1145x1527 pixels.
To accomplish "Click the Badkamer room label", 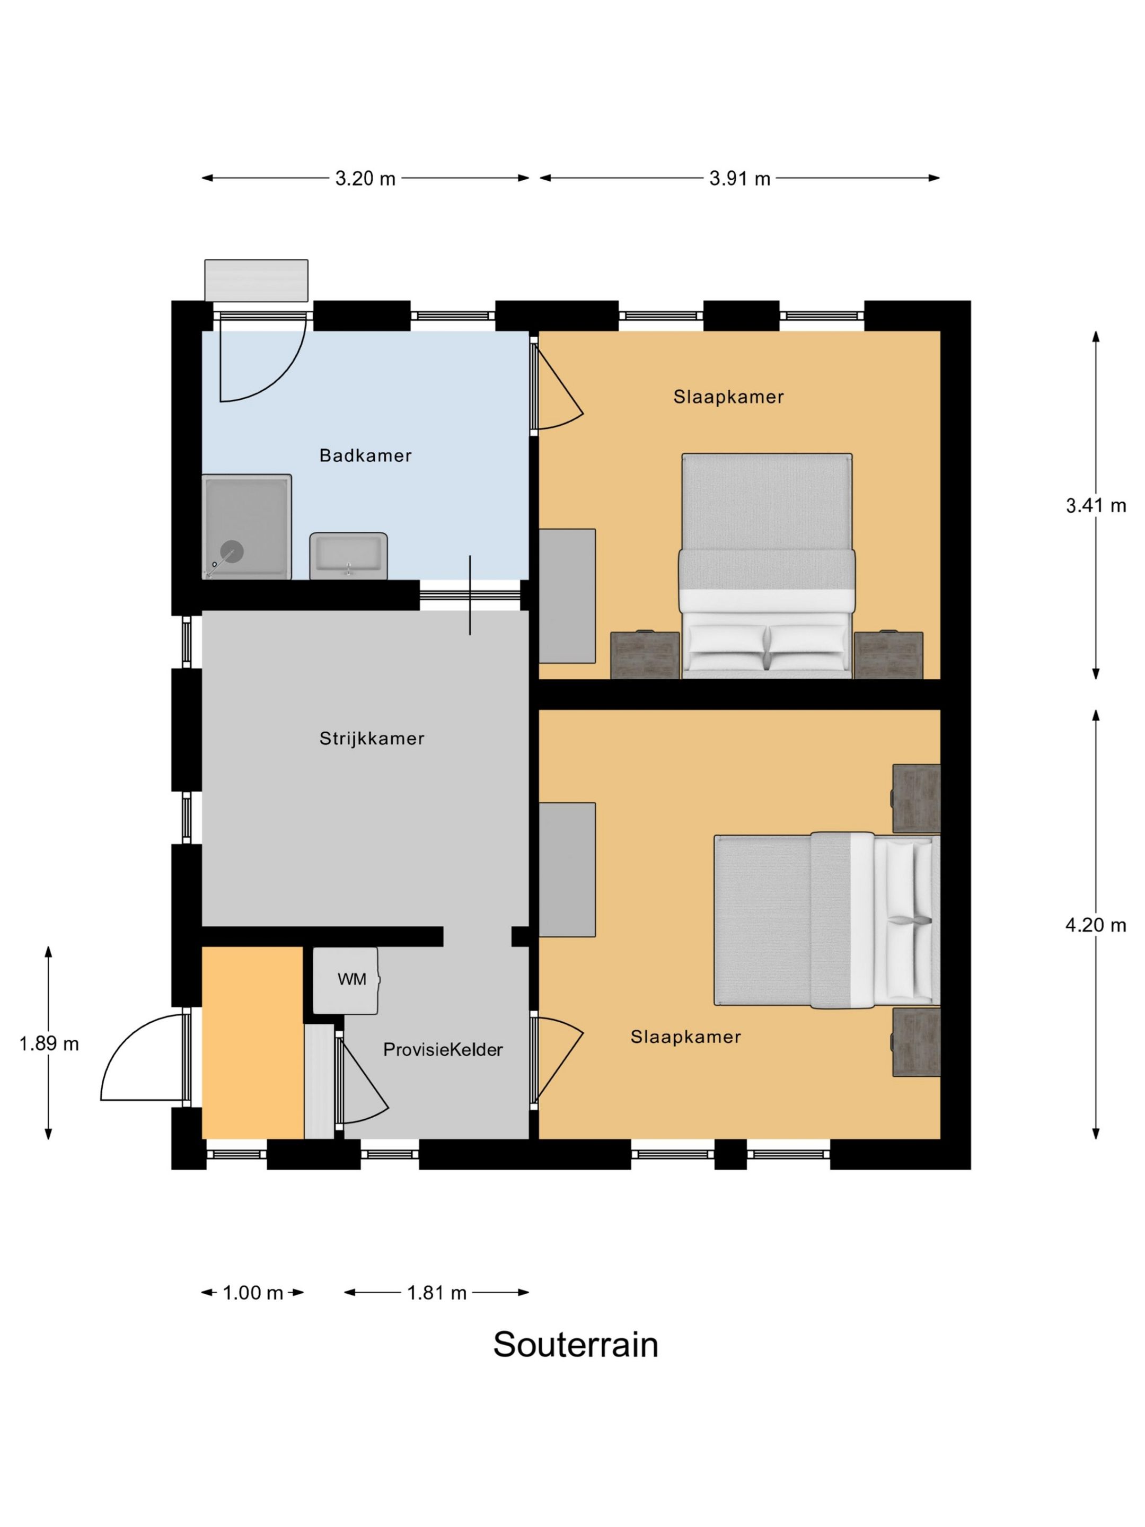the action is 365,455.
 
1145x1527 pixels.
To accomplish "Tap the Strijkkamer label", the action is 371,739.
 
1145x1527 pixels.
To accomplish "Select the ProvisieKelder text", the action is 443,1049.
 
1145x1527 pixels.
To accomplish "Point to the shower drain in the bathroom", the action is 231,551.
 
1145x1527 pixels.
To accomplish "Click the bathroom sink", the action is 348,556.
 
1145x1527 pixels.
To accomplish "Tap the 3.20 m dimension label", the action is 365,179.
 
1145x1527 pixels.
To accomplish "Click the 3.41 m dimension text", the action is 1095,505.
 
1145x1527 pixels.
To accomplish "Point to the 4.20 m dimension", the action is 1095,925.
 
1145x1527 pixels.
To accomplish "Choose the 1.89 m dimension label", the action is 49,1044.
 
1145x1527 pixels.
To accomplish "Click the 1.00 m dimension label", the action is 253,1293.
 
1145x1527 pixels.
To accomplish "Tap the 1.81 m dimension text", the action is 436,1293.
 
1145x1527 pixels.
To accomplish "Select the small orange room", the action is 253,1043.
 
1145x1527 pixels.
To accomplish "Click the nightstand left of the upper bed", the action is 645,655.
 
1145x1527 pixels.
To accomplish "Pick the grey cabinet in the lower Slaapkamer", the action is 567,870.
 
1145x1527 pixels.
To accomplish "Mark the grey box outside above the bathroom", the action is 256,280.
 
